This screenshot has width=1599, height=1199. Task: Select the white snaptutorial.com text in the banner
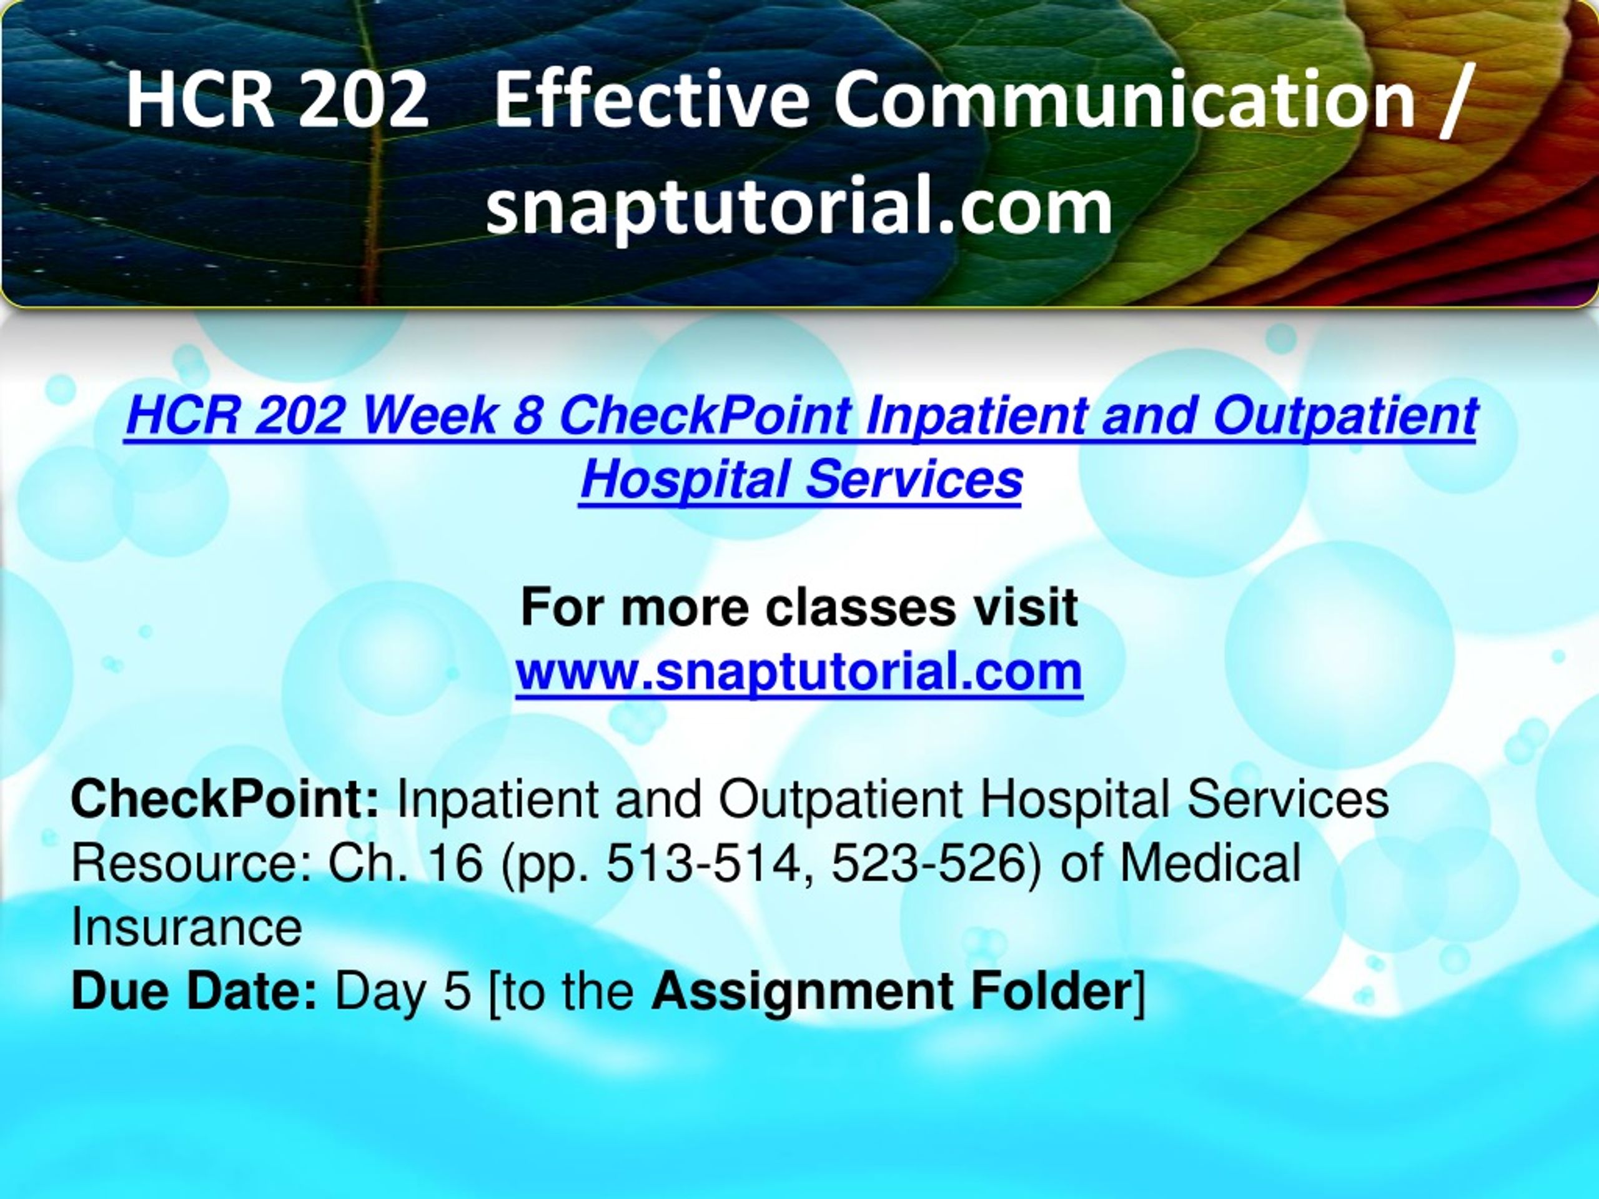pos(799,206)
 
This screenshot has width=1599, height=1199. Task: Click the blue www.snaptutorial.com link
pos(799,672)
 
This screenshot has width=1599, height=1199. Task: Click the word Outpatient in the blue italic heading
pos(1345,417)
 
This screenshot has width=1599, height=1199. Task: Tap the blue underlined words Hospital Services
pos(801,479)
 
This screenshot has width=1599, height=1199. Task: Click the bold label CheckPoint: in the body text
pos(225,800)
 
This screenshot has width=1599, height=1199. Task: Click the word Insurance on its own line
pos(187,927)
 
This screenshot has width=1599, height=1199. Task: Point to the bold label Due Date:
pos(194,991)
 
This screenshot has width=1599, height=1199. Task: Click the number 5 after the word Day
pos(457,992)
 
